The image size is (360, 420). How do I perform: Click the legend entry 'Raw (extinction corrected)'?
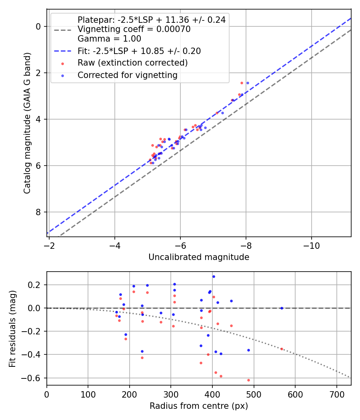click(132, 63)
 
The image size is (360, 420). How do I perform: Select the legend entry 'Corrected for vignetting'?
click(127, 75)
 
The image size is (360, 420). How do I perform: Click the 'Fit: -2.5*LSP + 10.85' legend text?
click(139, 51)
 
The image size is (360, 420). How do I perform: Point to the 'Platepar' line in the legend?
click(151, 20)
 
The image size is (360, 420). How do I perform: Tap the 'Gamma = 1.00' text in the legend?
click(109, 39)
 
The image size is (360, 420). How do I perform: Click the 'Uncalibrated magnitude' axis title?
click(199, 257)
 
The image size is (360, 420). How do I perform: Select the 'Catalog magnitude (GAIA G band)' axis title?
click(27, 122)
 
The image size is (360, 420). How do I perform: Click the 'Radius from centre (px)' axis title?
click(199, 406)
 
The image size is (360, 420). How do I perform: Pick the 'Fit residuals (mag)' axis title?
click(12, 328)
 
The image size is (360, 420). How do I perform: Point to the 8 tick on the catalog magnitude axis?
click(38, 212)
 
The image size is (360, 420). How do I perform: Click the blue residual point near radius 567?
click(282, 308)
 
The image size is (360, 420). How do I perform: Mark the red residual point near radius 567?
click(282, 349)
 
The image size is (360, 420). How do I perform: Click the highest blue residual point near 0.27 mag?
click(214, 276)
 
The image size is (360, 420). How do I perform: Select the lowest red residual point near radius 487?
click(248, 380)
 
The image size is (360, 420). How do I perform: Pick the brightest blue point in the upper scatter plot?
click(248, 83)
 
